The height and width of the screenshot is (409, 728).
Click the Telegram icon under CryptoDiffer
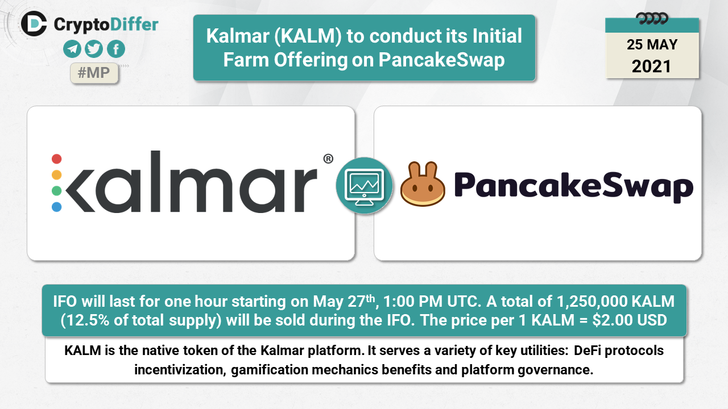pos(72,49)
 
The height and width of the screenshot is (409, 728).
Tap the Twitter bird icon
pos(94,49)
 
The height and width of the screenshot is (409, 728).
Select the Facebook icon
pos(115,49)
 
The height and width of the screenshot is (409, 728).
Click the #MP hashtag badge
pos(94,73)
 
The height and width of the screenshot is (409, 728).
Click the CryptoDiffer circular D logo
pos(34,24)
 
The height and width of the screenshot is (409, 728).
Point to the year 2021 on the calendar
pos(651,66)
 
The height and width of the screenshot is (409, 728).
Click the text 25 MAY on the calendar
pos(652,44)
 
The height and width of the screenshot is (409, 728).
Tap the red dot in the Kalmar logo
pos(56,158)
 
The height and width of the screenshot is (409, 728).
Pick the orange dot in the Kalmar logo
pos(56,174)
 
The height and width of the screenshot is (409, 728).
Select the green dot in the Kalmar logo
pos(56,190)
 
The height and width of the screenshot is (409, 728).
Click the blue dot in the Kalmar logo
pos(56,206)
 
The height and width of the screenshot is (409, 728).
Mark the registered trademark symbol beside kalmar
pos(328,158)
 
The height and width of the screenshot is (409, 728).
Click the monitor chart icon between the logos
pos(364,186)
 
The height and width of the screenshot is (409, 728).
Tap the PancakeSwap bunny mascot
pos(423,183)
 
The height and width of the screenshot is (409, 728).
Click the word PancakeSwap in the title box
pos(441,60)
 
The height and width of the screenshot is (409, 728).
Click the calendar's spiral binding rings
pos(652,19)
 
